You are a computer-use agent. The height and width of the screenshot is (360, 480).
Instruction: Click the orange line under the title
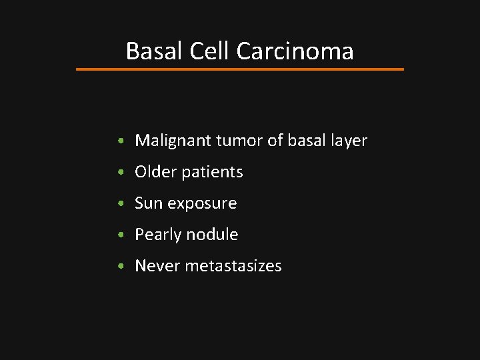(240, 69)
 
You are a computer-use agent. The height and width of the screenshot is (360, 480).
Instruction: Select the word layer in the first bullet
(347, 141)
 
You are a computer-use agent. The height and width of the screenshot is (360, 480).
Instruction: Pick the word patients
(212, 172)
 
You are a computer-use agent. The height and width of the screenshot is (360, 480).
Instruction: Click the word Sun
(147, 203)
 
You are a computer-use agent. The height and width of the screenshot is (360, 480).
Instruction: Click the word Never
(157, 266)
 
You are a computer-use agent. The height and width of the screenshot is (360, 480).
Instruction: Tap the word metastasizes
(233, 266)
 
